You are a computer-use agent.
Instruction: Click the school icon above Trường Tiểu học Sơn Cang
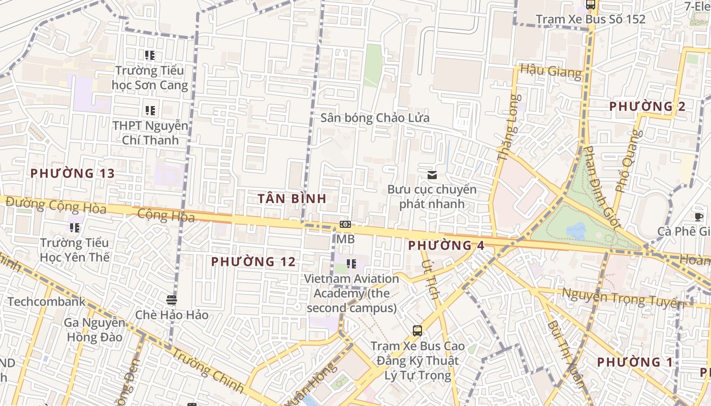tap(149, 55)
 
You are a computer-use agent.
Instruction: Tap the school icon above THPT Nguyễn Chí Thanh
tap(150, 110)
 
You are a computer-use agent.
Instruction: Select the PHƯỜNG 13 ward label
tap(73, 174)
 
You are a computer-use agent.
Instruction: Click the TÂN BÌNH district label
tap(292, 198)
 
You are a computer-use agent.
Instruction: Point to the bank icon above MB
tap(345, 224)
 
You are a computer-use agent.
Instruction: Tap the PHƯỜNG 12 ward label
tap(253, 262)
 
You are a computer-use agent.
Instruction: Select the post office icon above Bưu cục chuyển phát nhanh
tap(432, 175)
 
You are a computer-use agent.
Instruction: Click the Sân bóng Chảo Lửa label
tap(375, 118)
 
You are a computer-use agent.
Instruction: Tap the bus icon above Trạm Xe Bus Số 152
tap(590, 5)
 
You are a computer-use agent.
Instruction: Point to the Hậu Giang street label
tap(551, 71)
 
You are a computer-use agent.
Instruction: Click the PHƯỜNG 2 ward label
tap(648, 107)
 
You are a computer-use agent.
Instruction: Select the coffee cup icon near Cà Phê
tap(699, 217)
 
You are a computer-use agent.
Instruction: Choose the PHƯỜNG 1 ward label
tap(635, 362)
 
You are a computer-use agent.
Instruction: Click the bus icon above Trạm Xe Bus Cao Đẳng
tap(417, 331)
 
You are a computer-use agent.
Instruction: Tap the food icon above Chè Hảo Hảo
tap(172, 299)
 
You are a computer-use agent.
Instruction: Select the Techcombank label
tap(47, 302)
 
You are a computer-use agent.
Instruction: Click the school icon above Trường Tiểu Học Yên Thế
tap(75, 228)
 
